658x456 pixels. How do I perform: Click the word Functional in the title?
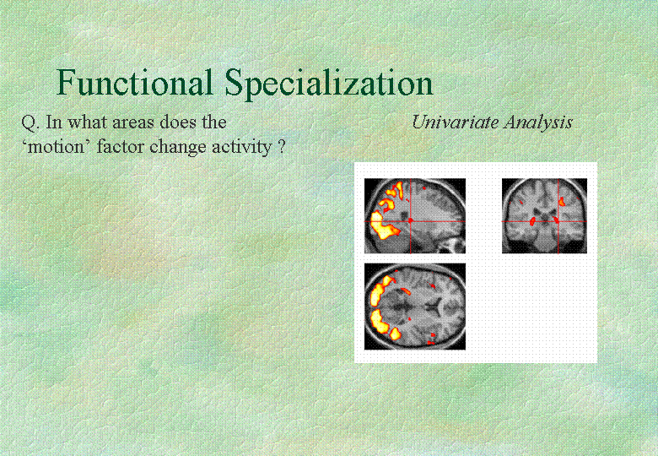click(134, 82)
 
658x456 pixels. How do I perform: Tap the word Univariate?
click(456, 122)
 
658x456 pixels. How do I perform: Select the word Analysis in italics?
click(538, 122)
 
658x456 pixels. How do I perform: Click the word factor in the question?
click(121, 147)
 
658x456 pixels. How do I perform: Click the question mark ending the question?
click(282, 147)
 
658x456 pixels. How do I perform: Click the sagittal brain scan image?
click(414, 216)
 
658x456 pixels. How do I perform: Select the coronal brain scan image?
click(544, 216)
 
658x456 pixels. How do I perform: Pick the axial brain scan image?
click(414, 307)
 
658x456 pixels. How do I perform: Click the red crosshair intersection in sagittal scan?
click(411, 221)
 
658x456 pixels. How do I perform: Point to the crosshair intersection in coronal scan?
click(558, 221)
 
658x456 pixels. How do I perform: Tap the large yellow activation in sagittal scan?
click(382, 227)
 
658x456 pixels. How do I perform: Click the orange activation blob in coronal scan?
click(562, 202)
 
